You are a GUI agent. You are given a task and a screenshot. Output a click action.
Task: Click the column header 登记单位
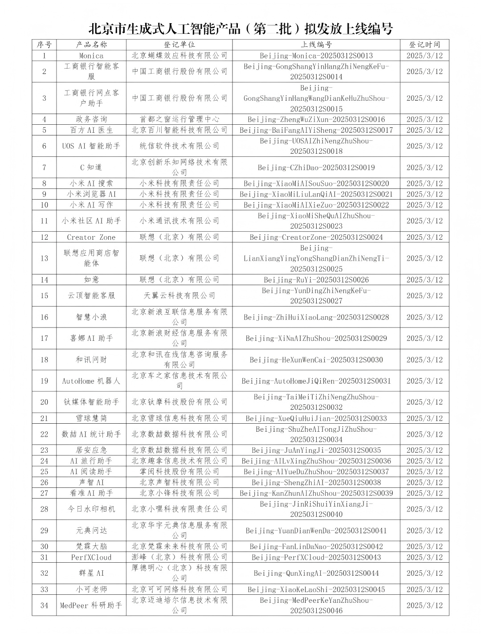pos(179,45)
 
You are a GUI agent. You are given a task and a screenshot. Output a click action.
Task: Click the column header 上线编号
pos(316,45)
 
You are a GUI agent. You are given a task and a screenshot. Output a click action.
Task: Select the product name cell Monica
pos(91,56)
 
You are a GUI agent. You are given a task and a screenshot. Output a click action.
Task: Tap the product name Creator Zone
pos(91,237)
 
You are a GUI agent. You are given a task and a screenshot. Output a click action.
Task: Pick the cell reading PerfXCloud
pos(91,557)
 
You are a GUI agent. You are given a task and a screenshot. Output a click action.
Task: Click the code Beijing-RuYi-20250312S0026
pos(316,280)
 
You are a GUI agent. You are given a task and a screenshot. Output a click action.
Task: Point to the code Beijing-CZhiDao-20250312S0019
pos(316,168)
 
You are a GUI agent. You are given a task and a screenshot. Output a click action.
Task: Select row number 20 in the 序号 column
pos(44,402)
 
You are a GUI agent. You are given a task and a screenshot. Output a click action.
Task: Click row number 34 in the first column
pos(44,605)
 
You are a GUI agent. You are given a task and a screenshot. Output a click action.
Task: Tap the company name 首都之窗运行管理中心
pos(179,119)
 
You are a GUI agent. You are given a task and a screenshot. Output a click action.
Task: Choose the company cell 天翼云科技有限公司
pos(179,295)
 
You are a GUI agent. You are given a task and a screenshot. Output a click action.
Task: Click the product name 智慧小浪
pos(91,317)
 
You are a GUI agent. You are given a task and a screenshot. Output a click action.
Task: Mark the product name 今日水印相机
pos(91,509)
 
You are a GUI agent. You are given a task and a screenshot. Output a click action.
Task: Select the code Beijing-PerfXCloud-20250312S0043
pos(316,557)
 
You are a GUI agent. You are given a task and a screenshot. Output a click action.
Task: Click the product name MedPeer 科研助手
pos(91,605)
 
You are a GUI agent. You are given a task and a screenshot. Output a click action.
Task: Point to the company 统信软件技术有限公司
pos(179,146)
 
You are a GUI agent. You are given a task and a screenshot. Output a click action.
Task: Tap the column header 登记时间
pos(424,45)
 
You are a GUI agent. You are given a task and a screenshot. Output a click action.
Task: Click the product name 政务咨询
pos(91,119)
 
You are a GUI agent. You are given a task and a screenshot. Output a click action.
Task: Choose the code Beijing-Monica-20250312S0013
pos(316,56)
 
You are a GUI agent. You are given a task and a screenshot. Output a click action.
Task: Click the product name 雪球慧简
pos(91,418)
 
